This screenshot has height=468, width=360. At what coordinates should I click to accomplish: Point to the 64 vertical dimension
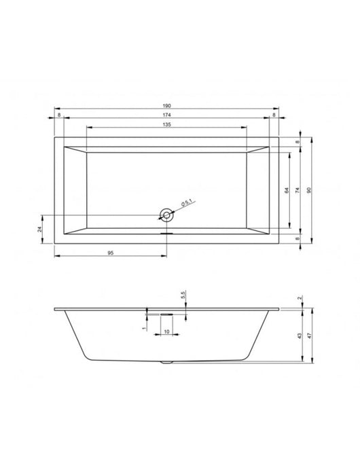tap(287, 192)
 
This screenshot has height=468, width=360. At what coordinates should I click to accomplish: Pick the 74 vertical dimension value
tap(298, 192)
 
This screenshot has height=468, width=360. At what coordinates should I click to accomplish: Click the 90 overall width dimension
tap(310, 192)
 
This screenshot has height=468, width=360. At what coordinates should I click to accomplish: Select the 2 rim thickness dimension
tap(300, 299)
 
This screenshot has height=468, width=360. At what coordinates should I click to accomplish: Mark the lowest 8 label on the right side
tap(298, 238)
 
